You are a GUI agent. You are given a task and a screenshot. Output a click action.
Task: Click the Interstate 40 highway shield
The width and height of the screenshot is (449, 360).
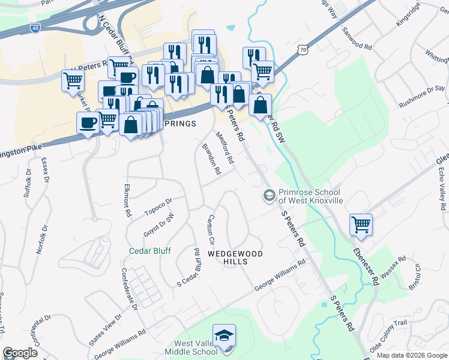(35, 27)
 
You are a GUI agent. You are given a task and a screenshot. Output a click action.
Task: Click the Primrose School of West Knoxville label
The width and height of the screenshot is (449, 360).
(309, 196)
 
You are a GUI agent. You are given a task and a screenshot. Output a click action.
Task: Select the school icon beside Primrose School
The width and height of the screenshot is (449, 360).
(269, 196)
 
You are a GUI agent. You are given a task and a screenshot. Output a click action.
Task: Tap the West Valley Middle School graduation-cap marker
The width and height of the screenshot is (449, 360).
(224, 335)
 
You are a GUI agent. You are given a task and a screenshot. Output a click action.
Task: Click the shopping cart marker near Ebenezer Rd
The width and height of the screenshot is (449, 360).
(361, 225)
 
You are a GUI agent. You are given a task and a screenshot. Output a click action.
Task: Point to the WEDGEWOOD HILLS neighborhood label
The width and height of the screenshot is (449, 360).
(235, 254)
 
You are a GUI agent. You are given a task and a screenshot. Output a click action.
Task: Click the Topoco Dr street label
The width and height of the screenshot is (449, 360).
(158, 206)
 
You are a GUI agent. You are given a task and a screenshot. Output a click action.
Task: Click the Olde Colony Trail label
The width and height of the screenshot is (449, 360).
(388, 329)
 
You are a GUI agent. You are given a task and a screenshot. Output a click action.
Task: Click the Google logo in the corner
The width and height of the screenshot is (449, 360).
(20, 353)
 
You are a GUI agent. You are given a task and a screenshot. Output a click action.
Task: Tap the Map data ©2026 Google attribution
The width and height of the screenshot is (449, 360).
(411, 355)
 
